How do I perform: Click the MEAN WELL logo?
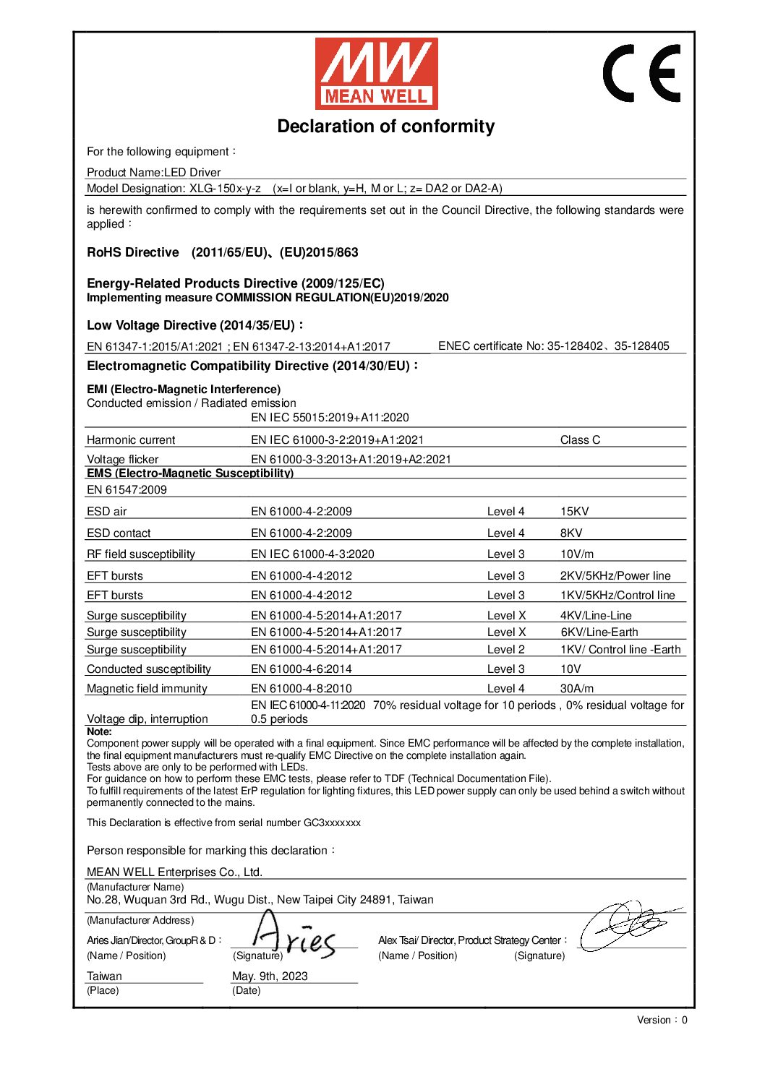(376, 73)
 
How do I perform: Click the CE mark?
(641, 73)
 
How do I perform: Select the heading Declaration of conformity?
(385, 126)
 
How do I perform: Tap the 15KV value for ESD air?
(574, 512)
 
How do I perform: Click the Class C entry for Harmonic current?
(580, 440)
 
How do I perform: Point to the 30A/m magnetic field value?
(576, 689)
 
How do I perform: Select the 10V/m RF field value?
(576, 554)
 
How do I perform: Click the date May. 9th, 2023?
(270, 976)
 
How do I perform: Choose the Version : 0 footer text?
(662, 1020)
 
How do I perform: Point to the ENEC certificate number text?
(554, 346)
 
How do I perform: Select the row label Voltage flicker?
(122, 460)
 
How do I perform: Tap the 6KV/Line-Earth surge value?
(599, 632)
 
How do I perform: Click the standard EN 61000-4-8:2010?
(301, 689)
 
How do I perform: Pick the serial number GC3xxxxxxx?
(332, 823)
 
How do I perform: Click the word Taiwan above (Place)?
(104, 976)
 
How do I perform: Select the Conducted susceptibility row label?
(149, 669)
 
